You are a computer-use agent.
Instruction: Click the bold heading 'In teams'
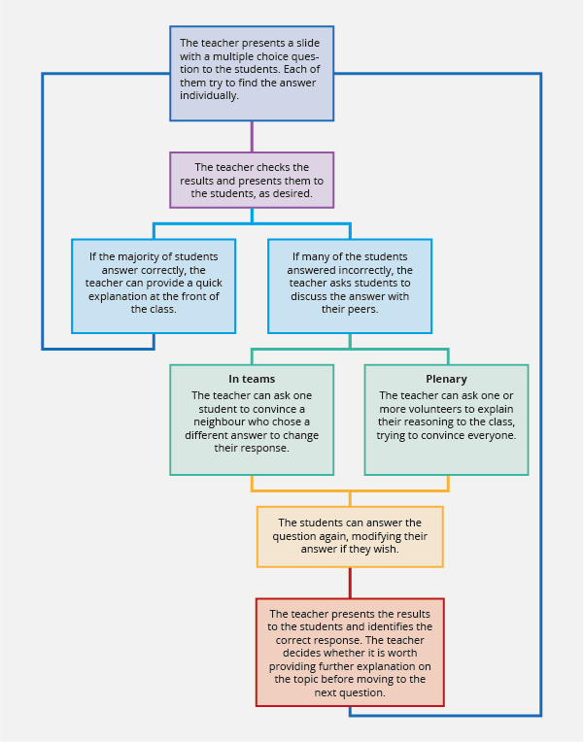pyautogui.click(x=252, y=379)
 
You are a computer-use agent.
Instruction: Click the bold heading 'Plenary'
pyautogui.click(x=446, y=379)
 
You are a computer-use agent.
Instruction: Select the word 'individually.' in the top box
pyautogui.click(x=209, y=95)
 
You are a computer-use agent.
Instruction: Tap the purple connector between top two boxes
pyautogui.click(x=252, y=136)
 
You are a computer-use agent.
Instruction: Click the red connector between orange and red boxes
pyautogui.click(x=350, y=583)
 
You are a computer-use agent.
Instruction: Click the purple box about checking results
pyautogui.click(x=252, y=181)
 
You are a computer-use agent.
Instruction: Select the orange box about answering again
pyautogui.click(x=350, y=537)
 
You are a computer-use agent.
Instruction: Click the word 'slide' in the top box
pyautogui.click(x=308, y=43)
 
